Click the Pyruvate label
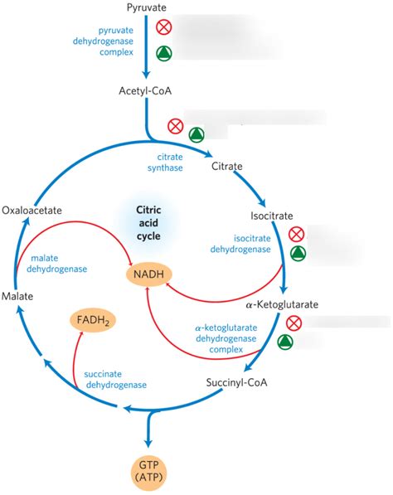coord(147,7)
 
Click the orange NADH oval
coord(146,272)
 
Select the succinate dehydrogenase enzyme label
coord(115,379)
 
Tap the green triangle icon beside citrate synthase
coord(196,133)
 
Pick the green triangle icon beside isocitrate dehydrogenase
coord(296,256)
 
